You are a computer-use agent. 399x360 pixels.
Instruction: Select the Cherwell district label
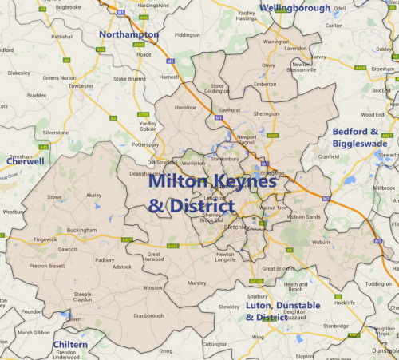[x=25, y=160]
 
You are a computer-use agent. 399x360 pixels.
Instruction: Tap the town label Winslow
[x=152, y=287]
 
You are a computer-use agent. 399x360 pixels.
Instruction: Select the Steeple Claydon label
[x=84, y=298]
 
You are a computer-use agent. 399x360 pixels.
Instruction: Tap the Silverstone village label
[x=56, y=132]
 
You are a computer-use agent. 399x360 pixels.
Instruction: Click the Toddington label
[x=378, y=283]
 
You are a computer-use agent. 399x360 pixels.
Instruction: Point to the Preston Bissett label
[x=45, y=266]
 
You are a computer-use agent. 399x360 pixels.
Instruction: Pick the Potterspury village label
[x=144, y=146]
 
